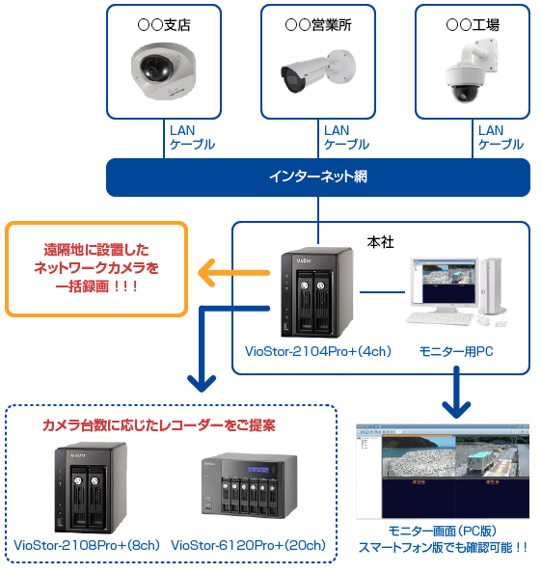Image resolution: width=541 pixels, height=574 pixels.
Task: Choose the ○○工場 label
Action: (x=473, y=24)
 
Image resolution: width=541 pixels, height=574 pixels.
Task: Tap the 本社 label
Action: (x=382, y=238)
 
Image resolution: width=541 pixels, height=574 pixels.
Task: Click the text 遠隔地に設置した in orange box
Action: (x=97, y=248)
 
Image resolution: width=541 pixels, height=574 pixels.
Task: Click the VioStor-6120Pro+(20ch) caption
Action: (x=249, y=545)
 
